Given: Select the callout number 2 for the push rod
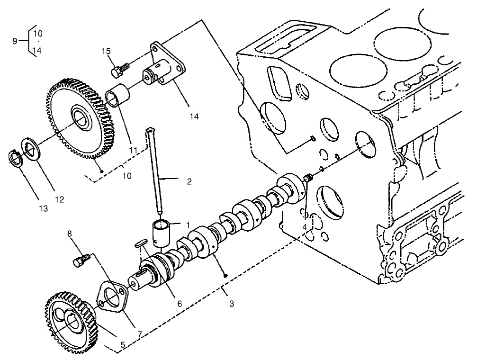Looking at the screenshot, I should coord(189,181).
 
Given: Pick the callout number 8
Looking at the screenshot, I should coord(70,234).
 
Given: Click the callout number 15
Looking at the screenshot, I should coord(106,51).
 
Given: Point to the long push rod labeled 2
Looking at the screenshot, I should coord(156,175).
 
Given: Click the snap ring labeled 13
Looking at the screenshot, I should coord(17,158).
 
